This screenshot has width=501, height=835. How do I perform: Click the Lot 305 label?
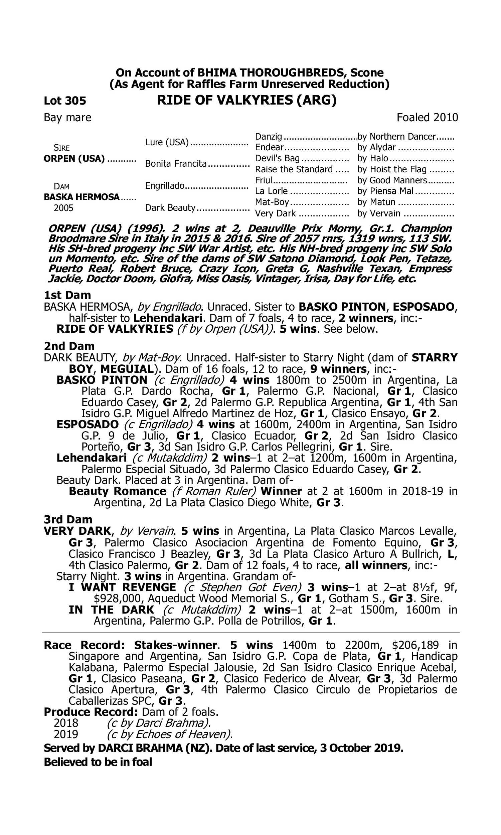[65, 101]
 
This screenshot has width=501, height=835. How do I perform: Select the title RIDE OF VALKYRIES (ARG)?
[247, 100]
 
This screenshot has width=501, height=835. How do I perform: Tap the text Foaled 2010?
[427, 118]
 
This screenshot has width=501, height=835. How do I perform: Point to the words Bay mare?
[67, 118]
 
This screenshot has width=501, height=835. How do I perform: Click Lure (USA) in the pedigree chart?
[167, 142]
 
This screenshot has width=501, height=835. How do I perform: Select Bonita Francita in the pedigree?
[176, 164]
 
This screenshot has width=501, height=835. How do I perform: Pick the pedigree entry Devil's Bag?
[277, 158]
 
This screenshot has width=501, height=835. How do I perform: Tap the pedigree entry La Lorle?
[271, 191]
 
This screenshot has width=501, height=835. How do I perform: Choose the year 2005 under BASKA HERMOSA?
[63, 208]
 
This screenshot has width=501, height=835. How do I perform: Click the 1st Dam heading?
[67, 295]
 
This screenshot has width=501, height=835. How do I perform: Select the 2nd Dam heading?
[69, 346]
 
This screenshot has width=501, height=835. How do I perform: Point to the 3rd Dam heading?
[68, 519]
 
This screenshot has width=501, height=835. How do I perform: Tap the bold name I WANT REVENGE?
[122, 588]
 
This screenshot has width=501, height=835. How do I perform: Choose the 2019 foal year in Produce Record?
[66, 734]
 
